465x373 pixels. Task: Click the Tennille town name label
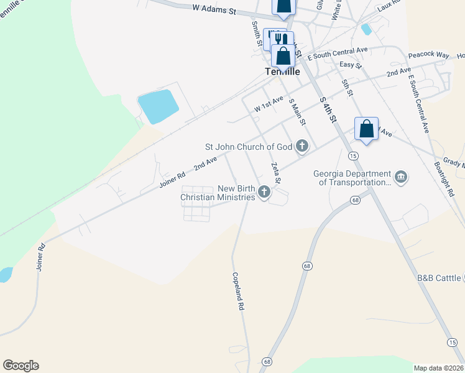pos(282,71)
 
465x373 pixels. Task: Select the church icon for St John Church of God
pos(302,147)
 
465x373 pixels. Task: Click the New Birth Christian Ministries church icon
pos(264,192)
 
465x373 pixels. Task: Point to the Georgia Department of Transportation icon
pos(401,178)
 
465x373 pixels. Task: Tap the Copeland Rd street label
pos(237,291)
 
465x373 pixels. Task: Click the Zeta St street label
pos(274,172)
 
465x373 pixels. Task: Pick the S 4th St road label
pos(328,109)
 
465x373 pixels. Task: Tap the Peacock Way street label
pos(428,55)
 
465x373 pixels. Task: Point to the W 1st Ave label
pos(269,104)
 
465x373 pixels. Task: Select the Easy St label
pos(350,64)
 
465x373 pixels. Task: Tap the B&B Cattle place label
pos(439,277)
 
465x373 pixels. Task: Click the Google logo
pos(21,366)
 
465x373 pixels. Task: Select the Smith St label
pos(256,32)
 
